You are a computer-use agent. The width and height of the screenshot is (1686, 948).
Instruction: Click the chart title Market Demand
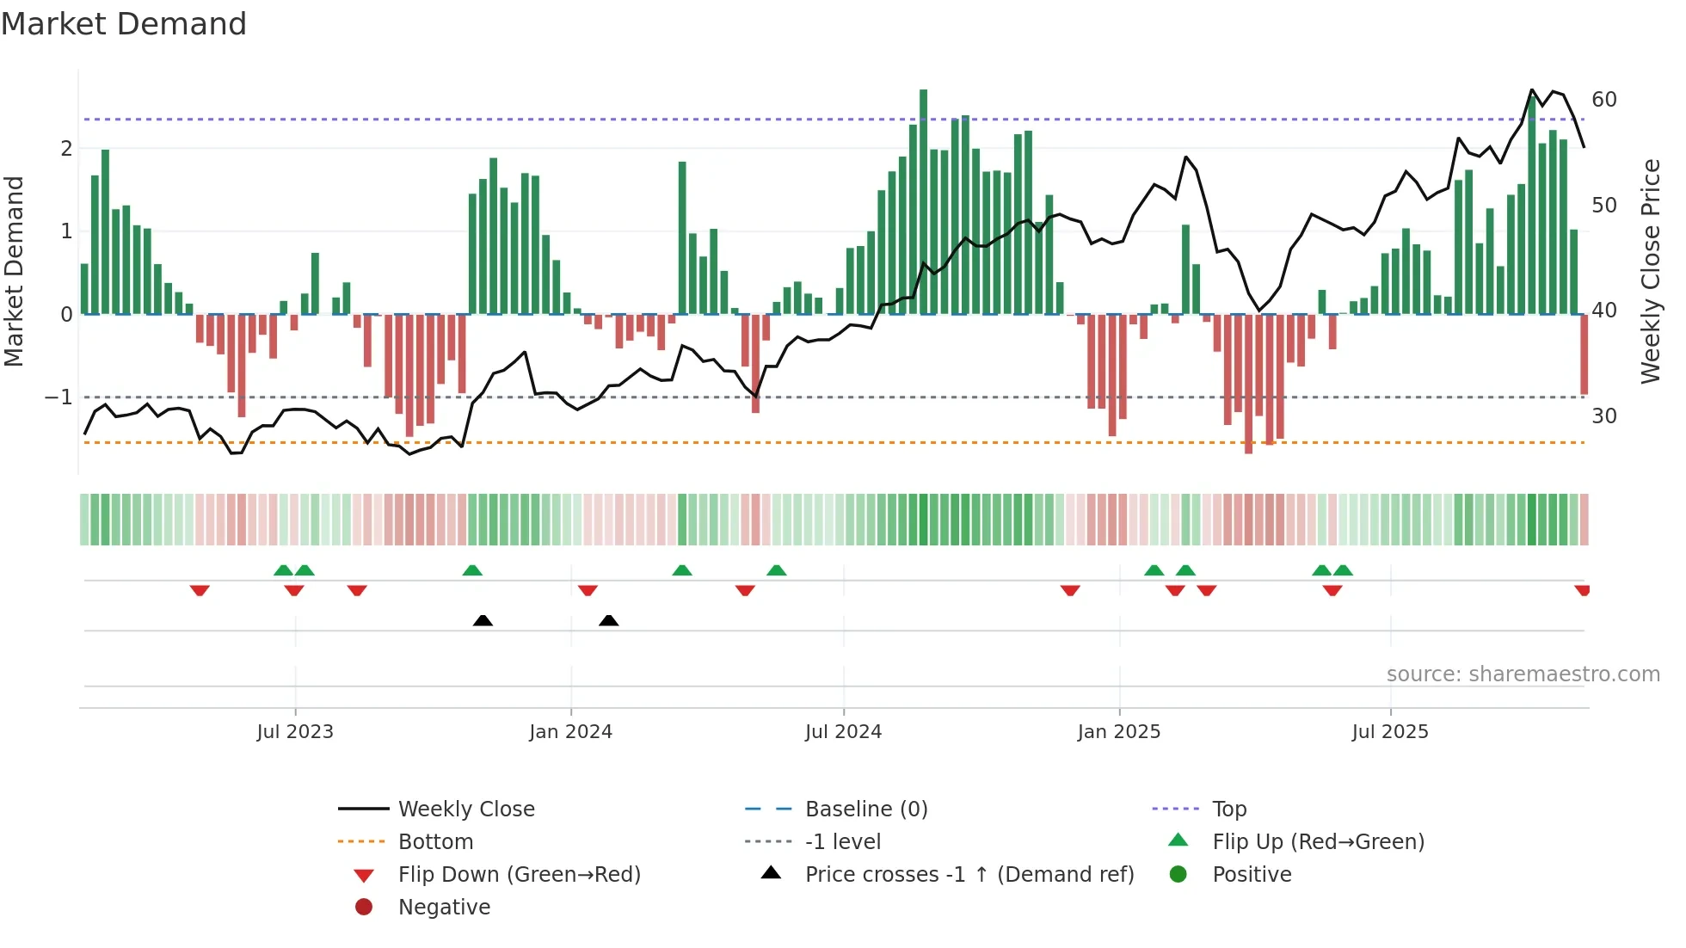click(x=124, y=24)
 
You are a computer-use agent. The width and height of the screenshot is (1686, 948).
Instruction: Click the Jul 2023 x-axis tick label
click(x=295, y=732)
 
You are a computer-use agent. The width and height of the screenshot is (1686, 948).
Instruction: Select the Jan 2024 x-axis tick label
click(x=570, y=732)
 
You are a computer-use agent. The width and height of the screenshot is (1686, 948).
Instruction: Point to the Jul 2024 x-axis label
click(x=843, y=732)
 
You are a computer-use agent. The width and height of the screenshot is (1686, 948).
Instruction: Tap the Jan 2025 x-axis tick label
click(x=1118, y=732)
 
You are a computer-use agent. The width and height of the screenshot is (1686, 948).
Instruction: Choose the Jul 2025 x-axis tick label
click(x=1389, y=732)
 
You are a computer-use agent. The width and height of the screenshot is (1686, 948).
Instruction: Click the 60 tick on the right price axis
click(x=1603, y=100)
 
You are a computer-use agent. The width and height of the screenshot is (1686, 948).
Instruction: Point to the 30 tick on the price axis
click(x=1603, y=416)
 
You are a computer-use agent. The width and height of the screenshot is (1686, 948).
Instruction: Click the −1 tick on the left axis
click(x=58, y=397)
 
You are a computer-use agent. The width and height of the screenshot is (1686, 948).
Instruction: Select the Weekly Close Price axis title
click(x=1650, y=271)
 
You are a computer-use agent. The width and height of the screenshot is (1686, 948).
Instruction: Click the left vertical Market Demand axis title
click(x=14, y=271)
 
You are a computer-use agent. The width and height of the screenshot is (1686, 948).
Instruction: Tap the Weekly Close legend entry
click(x=465, y=809)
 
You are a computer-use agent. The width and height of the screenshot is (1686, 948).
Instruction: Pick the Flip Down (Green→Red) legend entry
click(x=519, y=875)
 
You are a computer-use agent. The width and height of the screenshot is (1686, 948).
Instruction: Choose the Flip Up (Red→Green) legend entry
click(x=1318, y=842)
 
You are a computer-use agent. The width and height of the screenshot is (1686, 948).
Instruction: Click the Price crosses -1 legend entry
click(x=969, y=875)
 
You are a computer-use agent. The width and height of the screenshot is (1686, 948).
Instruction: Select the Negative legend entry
click(x=444, y=908)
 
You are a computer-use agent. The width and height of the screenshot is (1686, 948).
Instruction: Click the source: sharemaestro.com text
click(x=1523, y=674)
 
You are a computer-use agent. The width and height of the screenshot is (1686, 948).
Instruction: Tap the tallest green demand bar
click(x=923, y=202)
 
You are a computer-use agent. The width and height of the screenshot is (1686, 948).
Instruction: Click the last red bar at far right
click(x=1584, y=354)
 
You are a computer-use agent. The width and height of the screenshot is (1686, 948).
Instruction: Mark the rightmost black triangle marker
click(x=608, y=620)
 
